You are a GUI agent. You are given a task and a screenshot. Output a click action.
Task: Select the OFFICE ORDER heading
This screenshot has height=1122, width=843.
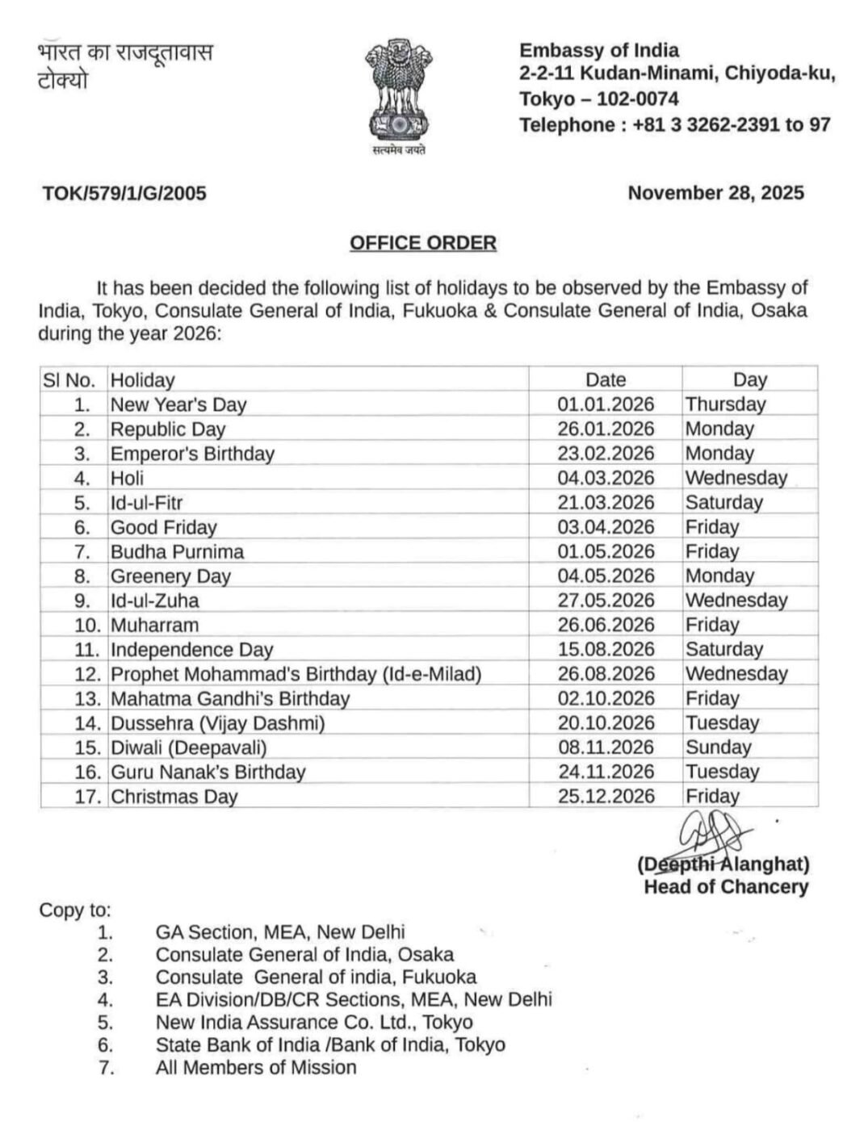coord(422,243)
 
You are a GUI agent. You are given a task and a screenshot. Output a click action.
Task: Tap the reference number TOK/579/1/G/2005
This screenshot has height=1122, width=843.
coord(124,193)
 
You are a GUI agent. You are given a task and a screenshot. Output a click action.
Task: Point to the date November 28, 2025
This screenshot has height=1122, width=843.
coord(715,192)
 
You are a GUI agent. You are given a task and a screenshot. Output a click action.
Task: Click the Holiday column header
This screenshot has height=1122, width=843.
coord(142,380)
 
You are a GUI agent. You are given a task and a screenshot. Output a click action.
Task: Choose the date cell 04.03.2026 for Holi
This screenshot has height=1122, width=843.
coord(606,478)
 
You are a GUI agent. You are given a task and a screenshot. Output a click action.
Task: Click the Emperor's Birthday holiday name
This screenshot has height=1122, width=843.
coord(192,454)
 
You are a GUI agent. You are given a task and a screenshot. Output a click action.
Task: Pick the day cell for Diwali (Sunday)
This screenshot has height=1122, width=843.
coord(718,747)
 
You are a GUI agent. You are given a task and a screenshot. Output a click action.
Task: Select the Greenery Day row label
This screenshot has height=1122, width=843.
coord(170,576)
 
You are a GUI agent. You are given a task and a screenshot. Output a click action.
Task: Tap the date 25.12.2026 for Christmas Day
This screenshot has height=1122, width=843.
coord(606,797)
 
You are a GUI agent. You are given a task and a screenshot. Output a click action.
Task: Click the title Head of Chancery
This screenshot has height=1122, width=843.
coord(725,887)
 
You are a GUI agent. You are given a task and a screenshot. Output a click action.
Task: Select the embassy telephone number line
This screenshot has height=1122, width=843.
coord(674,125)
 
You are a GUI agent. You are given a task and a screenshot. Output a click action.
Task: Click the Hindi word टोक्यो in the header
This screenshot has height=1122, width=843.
coord(63,81)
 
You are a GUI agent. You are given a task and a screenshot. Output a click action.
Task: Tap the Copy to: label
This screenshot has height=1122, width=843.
coord(75,911)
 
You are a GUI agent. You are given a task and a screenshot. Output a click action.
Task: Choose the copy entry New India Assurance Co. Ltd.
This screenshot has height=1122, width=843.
coord(313,1022)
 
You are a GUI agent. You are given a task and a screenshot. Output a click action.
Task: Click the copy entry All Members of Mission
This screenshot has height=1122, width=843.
coord(255,1067)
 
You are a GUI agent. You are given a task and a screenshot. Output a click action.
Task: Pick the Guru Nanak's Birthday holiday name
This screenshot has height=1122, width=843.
coord(208,772)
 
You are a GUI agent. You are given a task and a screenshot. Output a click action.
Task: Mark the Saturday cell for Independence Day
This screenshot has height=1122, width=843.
coord(723,650)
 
